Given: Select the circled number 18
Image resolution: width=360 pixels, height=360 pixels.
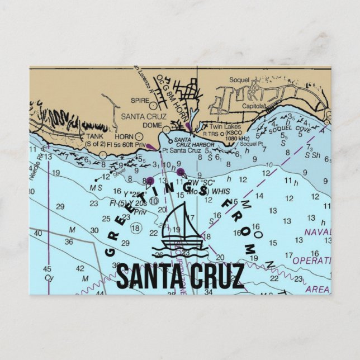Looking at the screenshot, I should pyautogui.click(x=135, y=228).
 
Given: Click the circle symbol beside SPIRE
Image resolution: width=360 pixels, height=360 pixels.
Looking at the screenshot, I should pyautogui.click(x=153, y=103).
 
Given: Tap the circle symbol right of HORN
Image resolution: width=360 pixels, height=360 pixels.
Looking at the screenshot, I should pyautogui.click(x=138, y=136).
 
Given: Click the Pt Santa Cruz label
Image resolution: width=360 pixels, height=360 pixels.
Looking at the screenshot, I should pyautogui.click(x=181, y=150).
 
